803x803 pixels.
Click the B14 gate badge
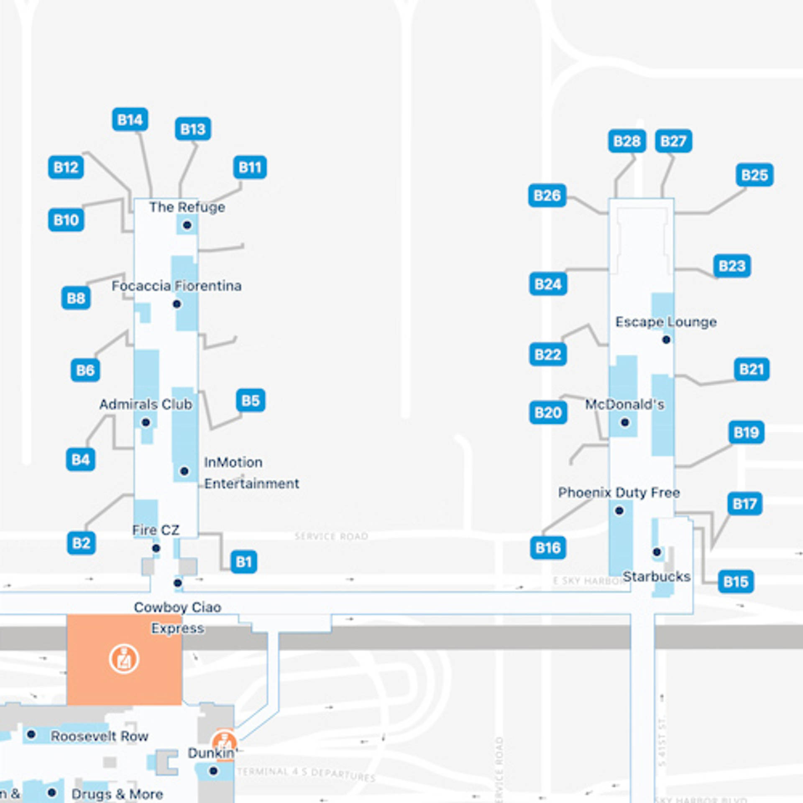click(x=130, y=120)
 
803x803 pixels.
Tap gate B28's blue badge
click(x=627, y=141)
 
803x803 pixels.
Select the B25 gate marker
click(x=754, y=175)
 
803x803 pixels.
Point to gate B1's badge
click(x=243, y=562)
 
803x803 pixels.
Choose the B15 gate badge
click(x=736, y=582)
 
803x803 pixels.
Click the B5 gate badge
click(x=251, y=401)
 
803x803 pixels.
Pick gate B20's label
click(x=548, y=413)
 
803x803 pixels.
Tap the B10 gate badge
click(x=66, y=220)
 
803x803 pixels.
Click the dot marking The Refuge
click(x=187, y=225)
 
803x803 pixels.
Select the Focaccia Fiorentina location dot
click(x=177, y=304)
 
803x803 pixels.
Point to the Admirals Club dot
click(x=146, y=422)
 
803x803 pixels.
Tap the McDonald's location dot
click(x=625, y=422)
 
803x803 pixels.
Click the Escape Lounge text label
click(x=666, y=322)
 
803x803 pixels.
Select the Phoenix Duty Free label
click(x=619, y=493)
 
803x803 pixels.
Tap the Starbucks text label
click(x=656, y=577)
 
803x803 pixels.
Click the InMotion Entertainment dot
click(x=184, y=471)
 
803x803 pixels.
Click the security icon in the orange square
click(x=124, y=660)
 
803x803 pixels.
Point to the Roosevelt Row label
click(x=100, y=736)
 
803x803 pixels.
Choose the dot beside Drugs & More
click(x=52, y=793)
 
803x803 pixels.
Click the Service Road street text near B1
click(x=331, y=536)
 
